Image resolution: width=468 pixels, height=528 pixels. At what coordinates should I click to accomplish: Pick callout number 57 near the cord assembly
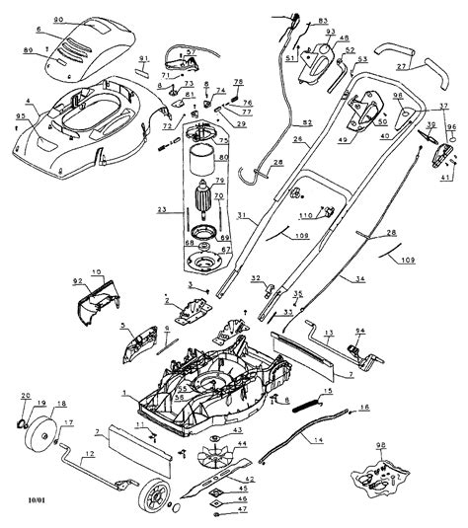pos(191,50)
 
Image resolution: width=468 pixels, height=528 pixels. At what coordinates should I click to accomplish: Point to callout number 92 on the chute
pos(79,281)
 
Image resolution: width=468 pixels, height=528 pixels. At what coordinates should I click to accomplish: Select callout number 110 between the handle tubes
pos(304,214)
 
